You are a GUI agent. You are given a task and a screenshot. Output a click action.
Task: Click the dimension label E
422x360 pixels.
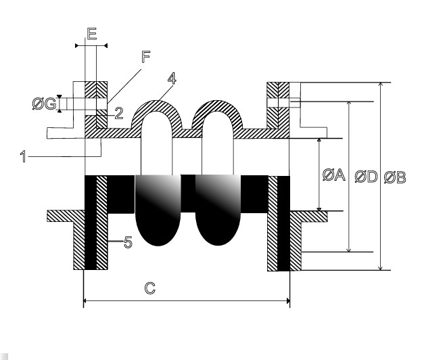click(x=92, y=34)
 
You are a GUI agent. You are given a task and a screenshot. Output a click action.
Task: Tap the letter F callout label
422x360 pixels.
click(x=146, y=57)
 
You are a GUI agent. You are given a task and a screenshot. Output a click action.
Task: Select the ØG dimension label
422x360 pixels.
click(x=45, y=104)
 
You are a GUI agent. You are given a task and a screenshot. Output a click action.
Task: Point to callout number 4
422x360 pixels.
click(x=172, y=78)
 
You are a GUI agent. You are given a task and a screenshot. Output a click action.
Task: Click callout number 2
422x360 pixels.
click(x=119, y=113)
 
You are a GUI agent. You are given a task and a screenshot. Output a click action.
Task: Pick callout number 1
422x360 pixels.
click(x=24, y=156)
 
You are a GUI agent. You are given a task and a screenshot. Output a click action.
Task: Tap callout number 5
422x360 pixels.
click(x=128, y=242)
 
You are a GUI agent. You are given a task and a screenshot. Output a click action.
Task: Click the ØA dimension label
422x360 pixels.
click(x=333, y=175)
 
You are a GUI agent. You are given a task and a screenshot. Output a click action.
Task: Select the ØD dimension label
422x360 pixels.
click(x=366, y=177)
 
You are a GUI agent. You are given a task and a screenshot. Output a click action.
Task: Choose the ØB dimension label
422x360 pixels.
click(x=395, y=177)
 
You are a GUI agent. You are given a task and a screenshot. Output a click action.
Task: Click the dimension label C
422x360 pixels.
click(x=150, y=288)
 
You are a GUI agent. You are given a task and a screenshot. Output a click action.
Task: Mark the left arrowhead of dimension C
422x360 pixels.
click(x=85, y=300)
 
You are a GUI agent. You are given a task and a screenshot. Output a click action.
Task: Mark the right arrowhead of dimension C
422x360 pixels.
click(x=288, y=300)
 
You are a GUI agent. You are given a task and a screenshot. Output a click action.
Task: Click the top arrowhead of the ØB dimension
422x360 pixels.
click(x=380, y=85)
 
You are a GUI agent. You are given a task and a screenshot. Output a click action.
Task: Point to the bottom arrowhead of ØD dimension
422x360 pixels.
click(x=349, y=250)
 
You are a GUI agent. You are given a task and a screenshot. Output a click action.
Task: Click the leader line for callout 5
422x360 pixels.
click(x=116, y=242)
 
